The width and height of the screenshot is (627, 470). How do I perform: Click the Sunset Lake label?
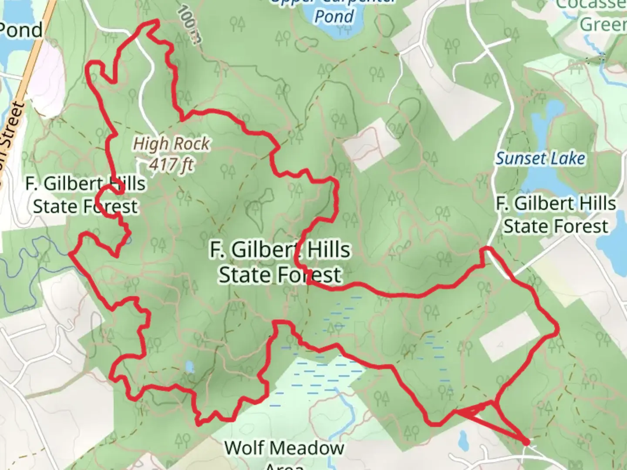(x=540, y=158)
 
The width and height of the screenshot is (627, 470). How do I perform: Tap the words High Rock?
(x=171, y=144)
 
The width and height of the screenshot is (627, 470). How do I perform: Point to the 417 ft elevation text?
(x=171, y=164)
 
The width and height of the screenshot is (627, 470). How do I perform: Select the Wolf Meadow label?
(x=284, y=448)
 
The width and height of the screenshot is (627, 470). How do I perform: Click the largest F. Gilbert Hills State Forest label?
(x=280, y=262)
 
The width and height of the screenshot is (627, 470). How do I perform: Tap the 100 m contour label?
(x=190, y=24)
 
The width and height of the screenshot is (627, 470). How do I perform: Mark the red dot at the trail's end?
(x=526, y=442)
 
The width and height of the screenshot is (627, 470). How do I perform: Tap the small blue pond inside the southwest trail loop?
(x=189, y=367)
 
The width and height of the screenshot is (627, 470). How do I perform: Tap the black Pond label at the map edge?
(x=21, y=30)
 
